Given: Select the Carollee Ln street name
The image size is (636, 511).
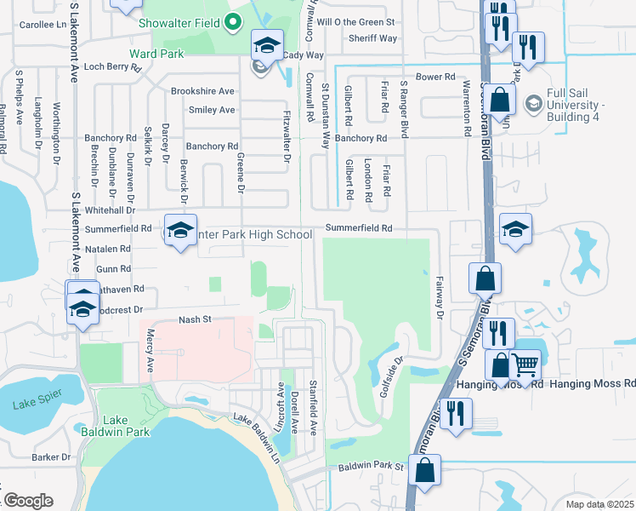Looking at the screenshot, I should click(x=42, y=25).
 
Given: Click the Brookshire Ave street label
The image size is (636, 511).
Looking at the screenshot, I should click(x=202, y=91).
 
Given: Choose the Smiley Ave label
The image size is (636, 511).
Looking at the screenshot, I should click(x=212, y=110).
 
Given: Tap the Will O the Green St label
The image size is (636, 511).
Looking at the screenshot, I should click(x=356, y=21).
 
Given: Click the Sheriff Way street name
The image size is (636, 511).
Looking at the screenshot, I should click(x=372, y=38).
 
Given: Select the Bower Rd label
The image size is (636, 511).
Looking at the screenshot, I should click(x=436, y=77).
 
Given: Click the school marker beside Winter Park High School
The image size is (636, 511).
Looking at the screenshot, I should click(x=180, y=232).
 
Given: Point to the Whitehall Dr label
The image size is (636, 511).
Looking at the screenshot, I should click(x=110, y=210).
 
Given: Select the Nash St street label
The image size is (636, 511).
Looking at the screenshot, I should click(x=194, y=319).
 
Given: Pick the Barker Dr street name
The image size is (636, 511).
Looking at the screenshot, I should click(x=51, y=457).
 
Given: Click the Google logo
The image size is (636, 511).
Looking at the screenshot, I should click(x=28, y=501).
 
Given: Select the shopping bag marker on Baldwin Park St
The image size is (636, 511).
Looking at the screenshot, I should click(x=424, y=469).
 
